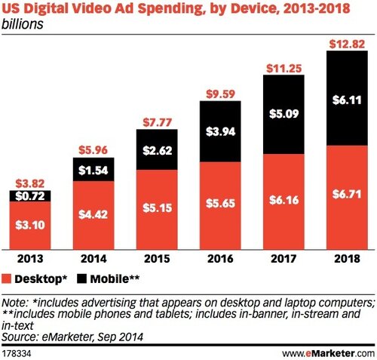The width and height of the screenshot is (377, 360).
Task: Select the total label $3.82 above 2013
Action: [x=32, y=183]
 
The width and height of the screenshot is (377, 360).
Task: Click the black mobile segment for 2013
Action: [x=32, y=196]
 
